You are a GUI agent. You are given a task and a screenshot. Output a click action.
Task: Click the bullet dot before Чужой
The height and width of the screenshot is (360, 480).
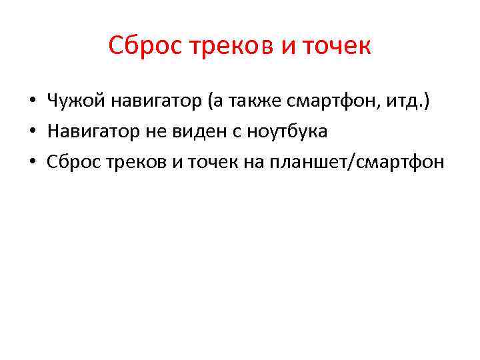[x=31, y=103]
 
